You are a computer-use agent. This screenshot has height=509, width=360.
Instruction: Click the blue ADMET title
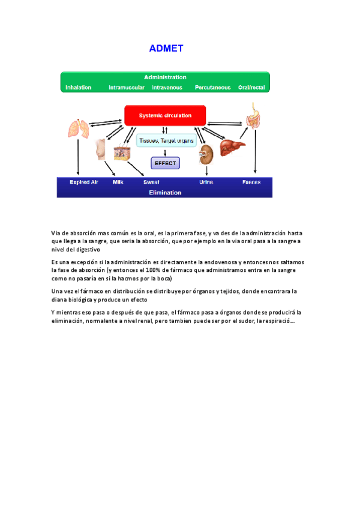point(166,49)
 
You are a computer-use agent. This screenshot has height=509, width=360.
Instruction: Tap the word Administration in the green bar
point(165,77)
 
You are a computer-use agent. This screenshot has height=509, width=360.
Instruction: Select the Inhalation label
point(78,88)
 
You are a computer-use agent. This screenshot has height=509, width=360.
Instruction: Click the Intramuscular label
point(126,88)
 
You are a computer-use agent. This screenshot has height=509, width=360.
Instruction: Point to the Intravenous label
point(167,88)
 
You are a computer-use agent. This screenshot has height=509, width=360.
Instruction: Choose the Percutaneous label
point(212,88)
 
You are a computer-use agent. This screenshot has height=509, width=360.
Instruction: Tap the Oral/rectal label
point(251,88)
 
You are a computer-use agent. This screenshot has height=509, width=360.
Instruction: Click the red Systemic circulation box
point(165,115)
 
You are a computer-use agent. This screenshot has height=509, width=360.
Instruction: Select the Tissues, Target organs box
point(166,141)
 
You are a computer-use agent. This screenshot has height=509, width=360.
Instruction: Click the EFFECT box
point(165,163)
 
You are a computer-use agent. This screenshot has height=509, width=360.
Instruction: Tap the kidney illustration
point(206,154)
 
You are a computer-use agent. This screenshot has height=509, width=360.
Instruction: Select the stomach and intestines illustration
point(254,116)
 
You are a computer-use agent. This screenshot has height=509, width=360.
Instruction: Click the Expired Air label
point(84,182)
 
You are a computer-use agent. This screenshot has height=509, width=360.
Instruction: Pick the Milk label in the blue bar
point(118,182)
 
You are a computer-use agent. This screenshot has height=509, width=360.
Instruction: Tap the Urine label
point(206,182)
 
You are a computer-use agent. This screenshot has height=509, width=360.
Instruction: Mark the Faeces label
point(251,182)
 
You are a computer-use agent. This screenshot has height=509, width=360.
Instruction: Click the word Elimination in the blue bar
point(165,193)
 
